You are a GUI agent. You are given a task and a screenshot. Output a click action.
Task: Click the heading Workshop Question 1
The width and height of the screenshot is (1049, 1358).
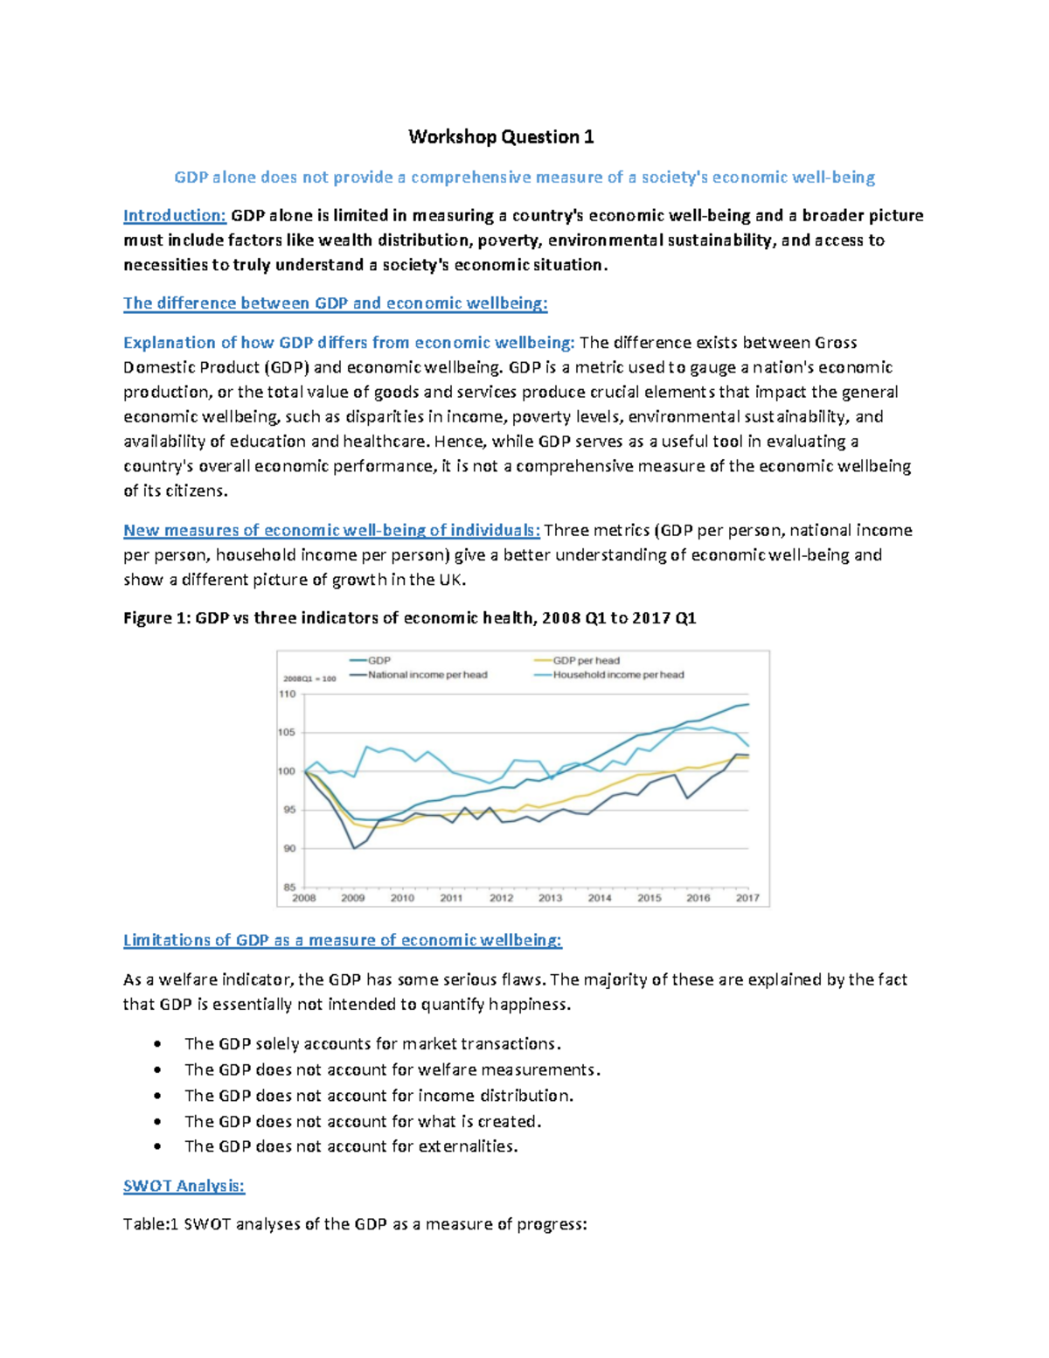[x=501, y=136]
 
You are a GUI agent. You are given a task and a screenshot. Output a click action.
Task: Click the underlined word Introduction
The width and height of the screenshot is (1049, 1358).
[x=174, y=215]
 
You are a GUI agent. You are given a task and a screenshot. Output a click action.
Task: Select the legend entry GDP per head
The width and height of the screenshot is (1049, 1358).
[x=585, y=660]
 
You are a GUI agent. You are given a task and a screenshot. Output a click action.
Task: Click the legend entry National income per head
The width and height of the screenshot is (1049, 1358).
[x=427, y=674]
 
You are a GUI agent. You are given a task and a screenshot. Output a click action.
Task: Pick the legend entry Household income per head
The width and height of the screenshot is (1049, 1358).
[x=617, y=674]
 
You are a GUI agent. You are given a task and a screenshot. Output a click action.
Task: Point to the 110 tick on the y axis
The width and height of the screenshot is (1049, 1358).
[x=288, y=694]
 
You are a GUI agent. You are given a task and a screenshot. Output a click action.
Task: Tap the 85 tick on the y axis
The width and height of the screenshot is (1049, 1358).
[x=288, y=887]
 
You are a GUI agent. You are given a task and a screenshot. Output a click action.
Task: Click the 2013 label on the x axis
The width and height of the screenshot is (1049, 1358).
[x=550, y=898]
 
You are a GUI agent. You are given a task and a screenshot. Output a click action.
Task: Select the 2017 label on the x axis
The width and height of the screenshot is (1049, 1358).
[x=747, y=898]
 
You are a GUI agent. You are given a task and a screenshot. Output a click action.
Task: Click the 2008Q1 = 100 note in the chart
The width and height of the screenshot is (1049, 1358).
[x=309, y=679]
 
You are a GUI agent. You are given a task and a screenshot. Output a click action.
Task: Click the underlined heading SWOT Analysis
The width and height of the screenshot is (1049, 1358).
[x=184, y=1186]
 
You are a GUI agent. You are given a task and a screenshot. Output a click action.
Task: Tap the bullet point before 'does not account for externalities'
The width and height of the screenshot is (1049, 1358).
[x=156, y=1146]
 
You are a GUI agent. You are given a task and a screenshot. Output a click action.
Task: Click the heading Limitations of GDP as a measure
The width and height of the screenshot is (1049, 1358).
[x=342, y=940]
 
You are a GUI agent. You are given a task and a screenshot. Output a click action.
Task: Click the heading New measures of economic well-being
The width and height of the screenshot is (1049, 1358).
[x=331, y=530]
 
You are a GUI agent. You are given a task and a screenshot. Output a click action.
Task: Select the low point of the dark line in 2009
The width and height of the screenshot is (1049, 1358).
[x=353, y=848]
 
